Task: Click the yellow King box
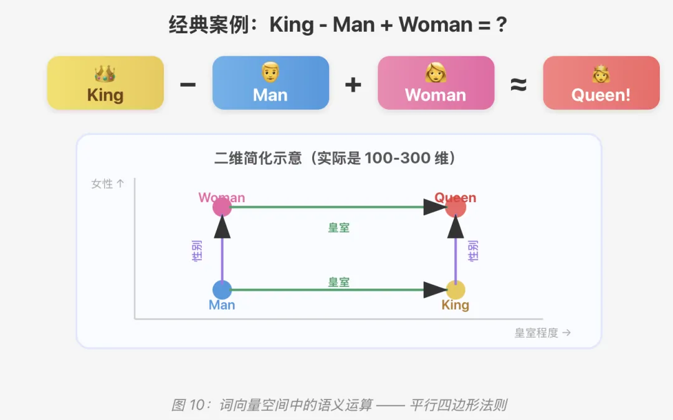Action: point(105,83)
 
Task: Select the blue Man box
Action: point(270,83)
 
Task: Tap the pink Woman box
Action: point(436,83)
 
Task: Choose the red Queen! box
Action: point(601,83)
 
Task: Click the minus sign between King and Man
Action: point(188,84)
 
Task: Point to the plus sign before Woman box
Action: point(353,84)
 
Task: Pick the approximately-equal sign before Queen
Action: point(518,84)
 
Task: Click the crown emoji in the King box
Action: point(105,74)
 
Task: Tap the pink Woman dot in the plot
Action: point(222,207)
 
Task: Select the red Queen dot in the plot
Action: point(456,207)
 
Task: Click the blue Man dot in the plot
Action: point(222,290)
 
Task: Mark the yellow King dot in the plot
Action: point(456,290)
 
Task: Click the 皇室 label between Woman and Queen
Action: point(339,228)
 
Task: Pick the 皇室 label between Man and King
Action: point(339,282)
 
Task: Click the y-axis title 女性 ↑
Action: point(108,184)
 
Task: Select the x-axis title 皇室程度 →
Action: point(542,333)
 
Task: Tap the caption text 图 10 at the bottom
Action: point(188,405)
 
